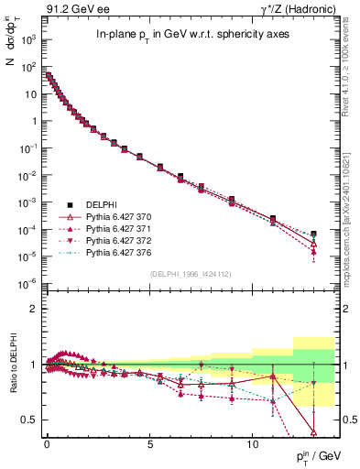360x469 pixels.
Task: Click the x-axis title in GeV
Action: (x=317, y=456)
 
